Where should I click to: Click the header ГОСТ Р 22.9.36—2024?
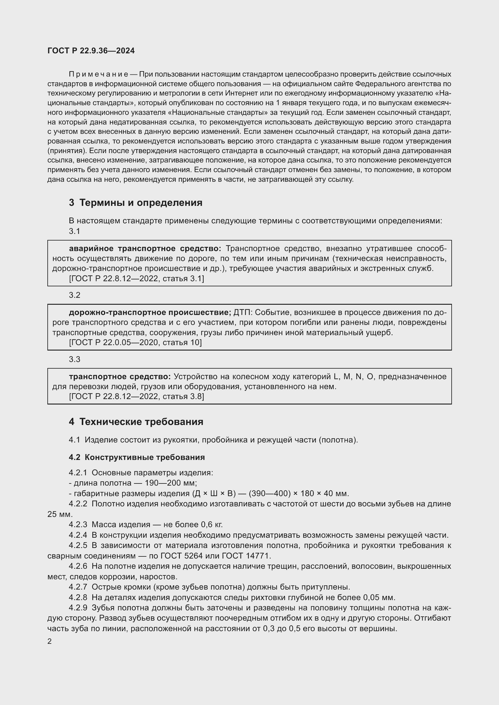pos(91,51)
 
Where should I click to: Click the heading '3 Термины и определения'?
pos(135,203)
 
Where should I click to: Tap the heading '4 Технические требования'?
pos(136,422)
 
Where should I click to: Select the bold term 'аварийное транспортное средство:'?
pos(145,248)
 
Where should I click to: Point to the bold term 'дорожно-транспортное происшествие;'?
pos(150,312)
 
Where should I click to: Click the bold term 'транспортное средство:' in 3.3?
pos(120,376)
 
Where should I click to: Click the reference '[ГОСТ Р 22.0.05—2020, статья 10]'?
pos(135,342)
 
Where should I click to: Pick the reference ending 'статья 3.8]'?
pos(136,396)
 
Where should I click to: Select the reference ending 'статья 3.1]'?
pos(136,279)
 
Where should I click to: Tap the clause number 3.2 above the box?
pos(74,295)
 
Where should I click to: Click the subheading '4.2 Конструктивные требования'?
pos(137,457)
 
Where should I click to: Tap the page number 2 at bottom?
pos(49,641)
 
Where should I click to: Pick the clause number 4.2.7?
pos(78,587)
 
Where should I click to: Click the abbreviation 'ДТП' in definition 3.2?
pos(243,312)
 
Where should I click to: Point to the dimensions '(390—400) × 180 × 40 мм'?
pos(299,493)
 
